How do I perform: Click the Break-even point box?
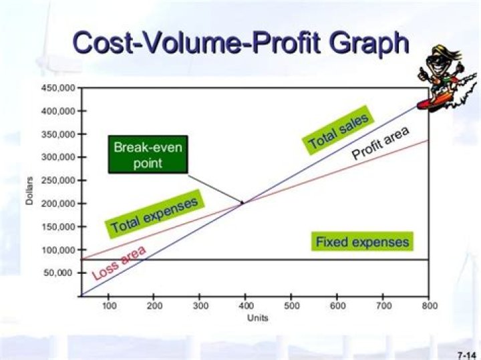pos(148,155)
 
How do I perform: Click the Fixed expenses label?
pos(362,241)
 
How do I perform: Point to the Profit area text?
pos(380,142)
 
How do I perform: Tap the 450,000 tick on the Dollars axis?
pos(58,87)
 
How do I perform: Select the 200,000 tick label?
pos(58,203)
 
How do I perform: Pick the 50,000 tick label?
pos(61,273)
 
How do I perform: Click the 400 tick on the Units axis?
pos(247,305)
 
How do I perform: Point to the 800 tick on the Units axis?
pos(429,305)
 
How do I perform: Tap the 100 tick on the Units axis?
pos(108,305)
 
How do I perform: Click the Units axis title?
pos(257,318)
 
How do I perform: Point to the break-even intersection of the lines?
pos(243,202)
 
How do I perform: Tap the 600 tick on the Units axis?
pos(338,305)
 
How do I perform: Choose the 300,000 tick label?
pos(58,157)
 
